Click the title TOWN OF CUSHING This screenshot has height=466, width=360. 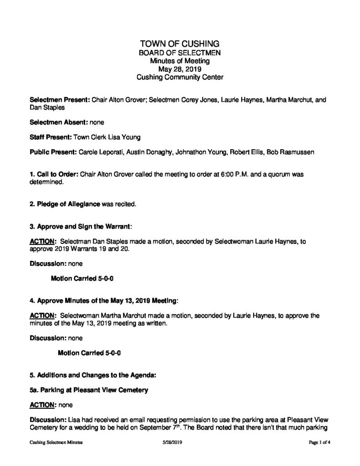(180, 44)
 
